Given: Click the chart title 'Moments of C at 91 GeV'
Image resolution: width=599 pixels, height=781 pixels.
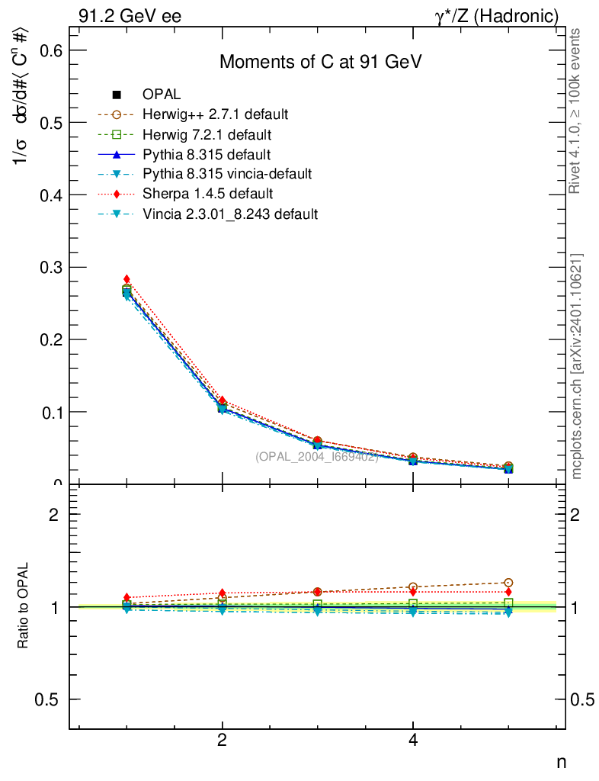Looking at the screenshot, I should tap(321, 63).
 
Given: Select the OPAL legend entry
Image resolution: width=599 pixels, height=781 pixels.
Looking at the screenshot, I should tap(162, 95).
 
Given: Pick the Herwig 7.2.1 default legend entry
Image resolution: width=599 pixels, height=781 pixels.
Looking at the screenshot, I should tap(207, 134).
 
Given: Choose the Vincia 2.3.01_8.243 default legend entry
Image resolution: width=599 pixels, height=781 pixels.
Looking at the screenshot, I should tap(229, 214).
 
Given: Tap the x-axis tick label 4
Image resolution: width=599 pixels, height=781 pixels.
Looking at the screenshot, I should tap(412, 740).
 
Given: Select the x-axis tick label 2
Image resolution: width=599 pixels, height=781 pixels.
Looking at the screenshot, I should tap(222, 740).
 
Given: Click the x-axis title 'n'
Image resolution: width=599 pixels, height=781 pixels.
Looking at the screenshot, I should tap(561, 761).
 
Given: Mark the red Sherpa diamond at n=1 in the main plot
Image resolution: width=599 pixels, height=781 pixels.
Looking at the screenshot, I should tap(127, 279).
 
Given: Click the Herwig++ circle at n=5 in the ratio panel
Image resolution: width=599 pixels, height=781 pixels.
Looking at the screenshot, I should tap(508, 583).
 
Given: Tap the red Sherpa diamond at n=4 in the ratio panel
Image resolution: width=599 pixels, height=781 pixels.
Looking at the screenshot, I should tap(413, 592).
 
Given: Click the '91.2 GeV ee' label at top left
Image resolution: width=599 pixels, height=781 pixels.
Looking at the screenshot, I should tap(130, 15).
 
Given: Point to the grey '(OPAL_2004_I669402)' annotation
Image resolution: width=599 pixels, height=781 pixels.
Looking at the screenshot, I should tap(317, 457).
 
